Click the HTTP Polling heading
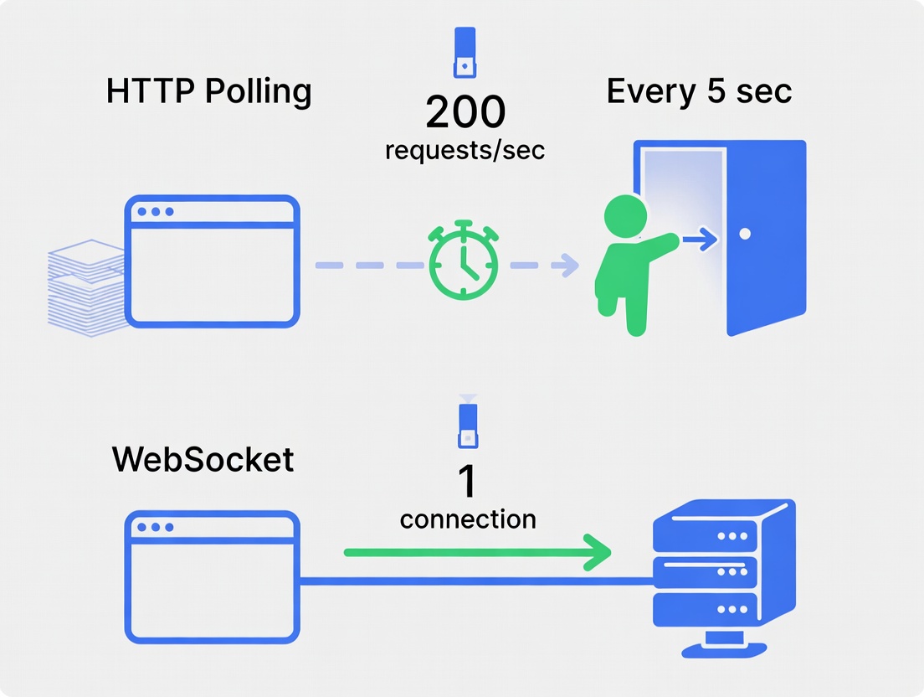click(209, 91)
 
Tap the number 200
click(465, 112)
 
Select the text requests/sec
click(465, 151)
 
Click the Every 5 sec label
click(699, 90)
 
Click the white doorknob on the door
click(745, 234)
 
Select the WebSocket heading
click(203, 459)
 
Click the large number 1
click(466, 482)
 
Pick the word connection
click(468, 519)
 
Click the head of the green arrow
click(597, 552)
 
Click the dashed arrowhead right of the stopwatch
click(568, 266)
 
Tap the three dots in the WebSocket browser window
click(156, 528)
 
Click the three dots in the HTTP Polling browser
click(156, 212)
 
